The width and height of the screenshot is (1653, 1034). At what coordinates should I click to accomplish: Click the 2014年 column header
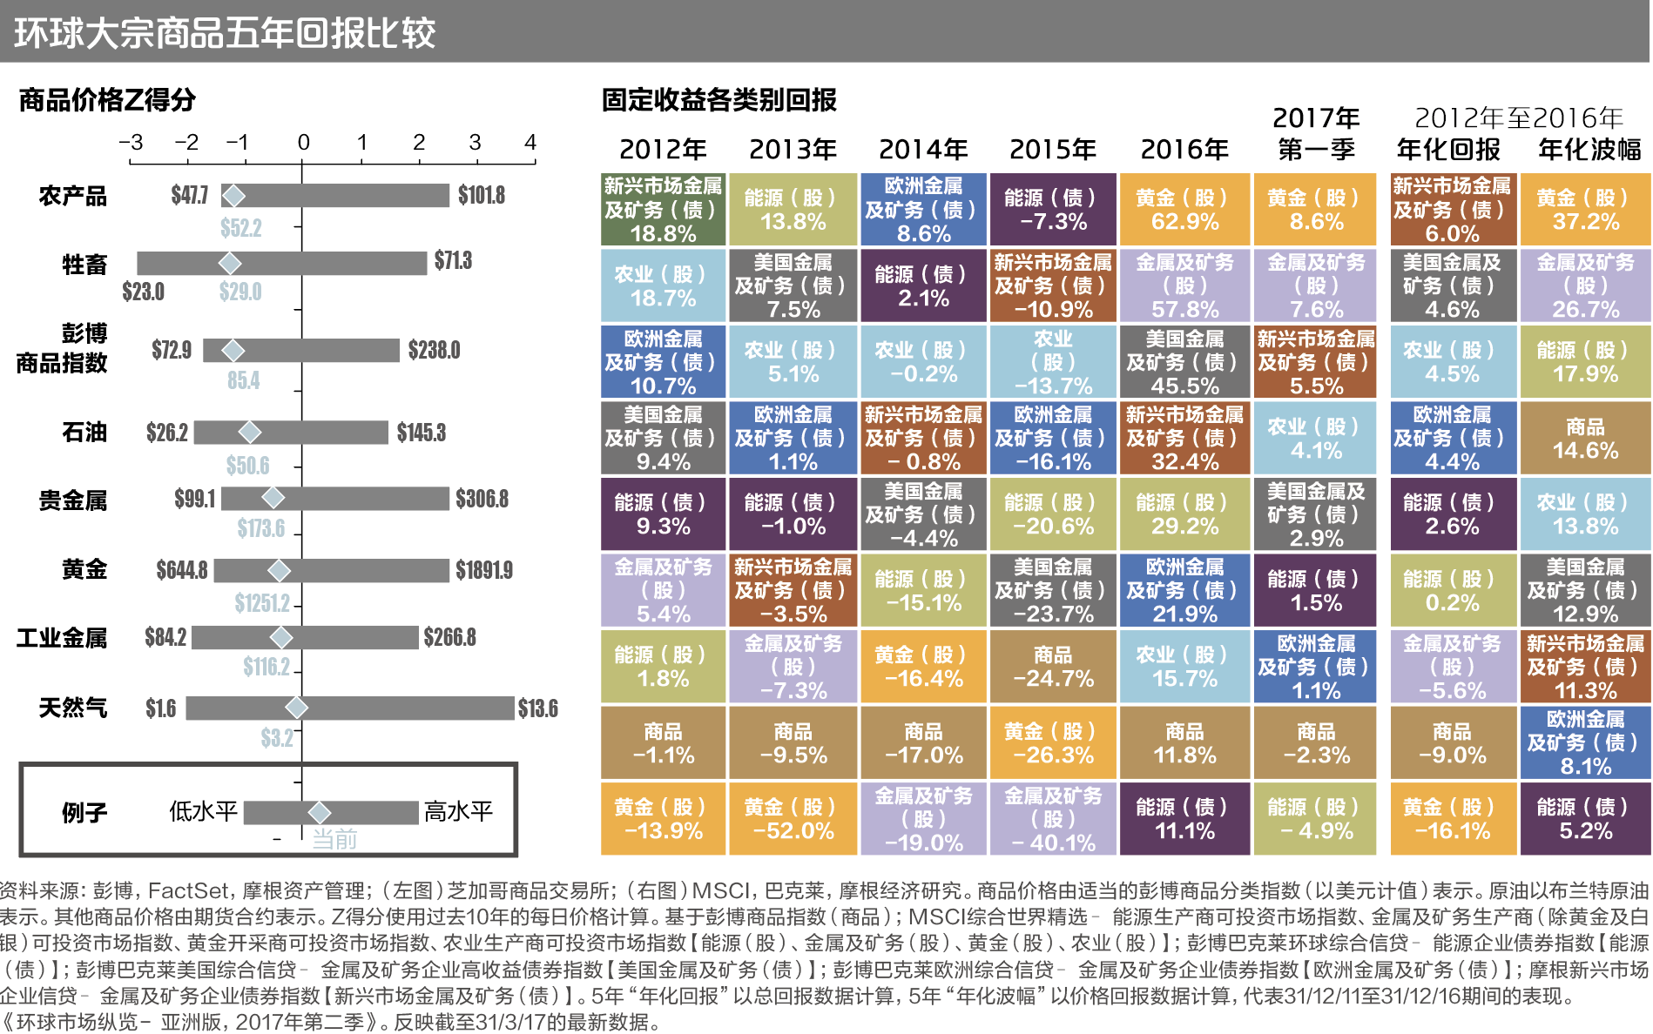click(923, 150)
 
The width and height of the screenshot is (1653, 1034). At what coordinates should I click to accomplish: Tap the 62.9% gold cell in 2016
click(1184, 210)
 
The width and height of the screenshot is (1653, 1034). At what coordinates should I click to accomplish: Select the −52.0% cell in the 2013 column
click(793, 819)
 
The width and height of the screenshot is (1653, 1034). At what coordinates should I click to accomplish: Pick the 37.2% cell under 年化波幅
click(1585, 210)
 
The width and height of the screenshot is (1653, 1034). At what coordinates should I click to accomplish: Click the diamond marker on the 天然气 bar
click(296, 708)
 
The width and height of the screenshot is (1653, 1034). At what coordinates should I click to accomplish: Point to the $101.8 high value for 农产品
click(482, 195)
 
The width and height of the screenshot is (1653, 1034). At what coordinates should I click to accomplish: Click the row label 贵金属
click(72, 500)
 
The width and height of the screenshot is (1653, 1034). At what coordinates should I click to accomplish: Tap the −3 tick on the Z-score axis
click(131, 142)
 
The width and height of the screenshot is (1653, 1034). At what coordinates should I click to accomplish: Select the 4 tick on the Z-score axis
click(530, 142)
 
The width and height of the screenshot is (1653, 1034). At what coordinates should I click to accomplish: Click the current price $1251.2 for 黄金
click(261, 602)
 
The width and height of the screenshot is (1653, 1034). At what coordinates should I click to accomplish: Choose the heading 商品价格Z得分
click(107, 100)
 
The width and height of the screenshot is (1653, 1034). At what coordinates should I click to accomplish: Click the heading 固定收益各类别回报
click(719, 100)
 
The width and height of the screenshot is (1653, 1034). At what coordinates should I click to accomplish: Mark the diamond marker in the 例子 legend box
click(320, 812)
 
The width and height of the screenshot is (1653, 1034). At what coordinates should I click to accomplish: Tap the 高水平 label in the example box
click(458, 812)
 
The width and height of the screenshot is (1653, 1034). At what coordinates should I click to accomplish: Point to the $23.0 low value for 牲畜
click(143, 292)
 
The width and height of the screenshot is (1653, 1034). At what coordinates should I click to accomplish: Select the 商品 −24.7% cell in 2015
click(1053, 667)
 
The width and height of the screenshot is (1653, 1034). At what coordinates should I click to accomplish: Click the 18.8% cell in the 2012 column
click(663, 210)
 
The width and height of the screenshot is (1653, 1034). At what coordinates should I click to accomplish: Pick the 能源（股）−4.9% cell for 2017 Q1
click(1316, 819)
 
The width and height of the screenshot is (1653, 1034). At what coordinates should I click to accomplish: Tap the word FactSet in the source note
click(188, 890)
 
